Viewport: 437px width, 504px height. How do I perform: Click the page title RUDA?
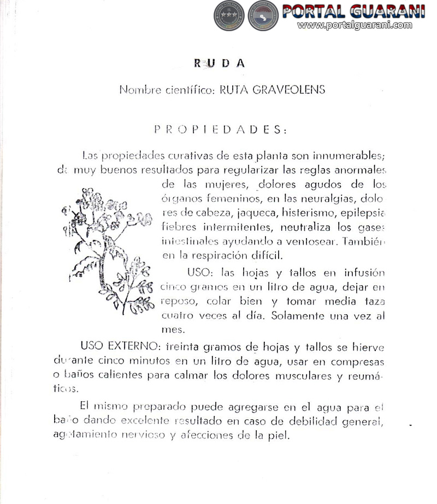click(220, 63)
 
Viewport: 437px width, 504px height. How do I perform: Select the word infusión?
click(364, 273)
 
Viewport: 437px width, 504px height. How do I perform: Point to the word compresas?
click(358, 362)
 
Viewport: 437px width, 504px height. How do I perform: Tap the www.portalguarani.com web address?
click(355, 25)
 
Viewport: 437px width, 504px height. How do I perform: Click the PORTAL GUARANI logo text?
click(353, 11)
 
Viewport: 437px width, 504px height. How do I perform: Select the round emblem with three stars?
click(228, 15)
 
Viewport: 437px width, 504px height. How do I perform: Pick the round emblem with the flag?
click(263, 15)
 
